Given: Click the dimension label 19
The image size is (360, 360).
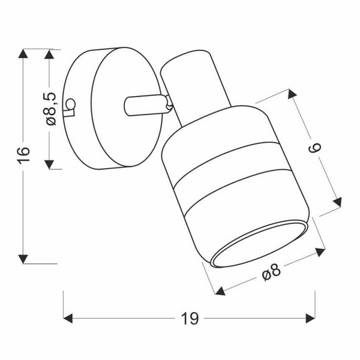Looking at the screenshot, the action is pyautogui.click(x=190, y=319).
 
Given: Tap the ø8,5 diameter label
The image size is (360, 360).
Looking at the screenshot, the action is pyautogui.click(x=51, y=109).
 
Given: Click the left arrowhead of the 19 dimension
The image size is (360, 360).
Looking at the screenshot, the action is pyautogui.click(x=68, y=319).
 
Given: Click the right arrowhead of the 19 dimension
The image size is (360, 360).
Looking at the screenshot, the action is pyautogui.click(x=310, y=319).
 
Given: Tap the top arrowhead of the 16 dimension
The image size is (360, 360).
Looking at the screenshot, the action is pyautogui.click(x=23, y=53).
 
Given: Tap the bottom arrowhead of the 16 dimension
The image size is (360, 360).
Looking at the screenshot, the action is pyautogui.click(x=23, y=259).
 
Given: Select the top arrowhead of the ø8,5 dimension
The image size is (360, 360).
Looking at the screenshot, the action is pyautogui.click(x=49, y=54).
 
